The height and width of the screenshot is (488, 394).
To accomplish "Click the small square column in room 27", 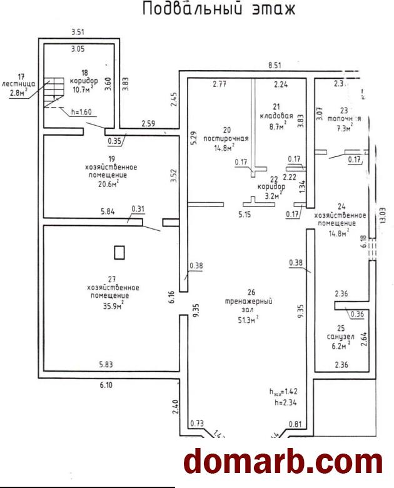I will click(119, 253).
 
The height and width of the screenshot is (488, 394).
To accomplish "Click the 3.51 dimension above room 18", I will click(78, 31).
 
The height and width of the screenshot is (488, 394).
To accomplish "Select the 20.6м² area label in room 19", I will click(111, 183).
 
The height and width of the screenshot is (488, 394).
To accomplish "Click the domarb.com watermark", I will click(283, 462).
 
